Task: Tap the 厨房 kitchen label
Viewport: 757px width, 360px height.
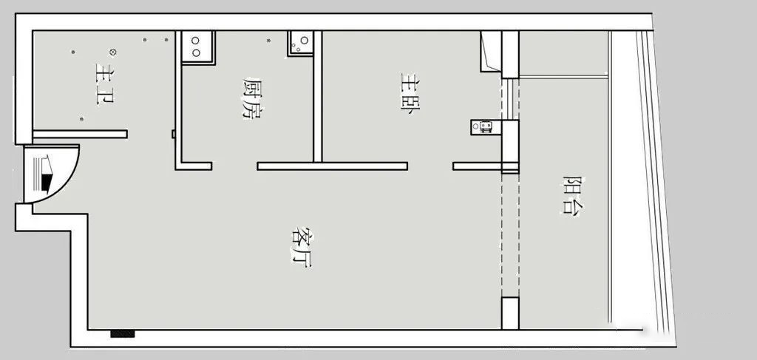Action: point(252,98)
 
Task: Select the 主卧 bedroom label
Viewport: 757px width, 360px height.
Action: point(410,92)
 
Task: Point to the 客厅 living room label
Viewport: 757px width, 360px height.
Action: point(302,247)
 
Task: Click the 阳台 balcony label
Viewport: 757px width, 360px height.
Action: point(573,195)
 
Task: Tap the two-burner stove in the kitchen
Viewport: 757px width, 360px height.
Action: point(198,47)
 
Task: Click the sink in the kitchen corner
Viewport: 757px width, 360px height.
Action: point(300,44)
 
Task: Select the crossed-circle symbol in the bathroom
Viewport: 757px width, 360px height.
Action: point(113,52)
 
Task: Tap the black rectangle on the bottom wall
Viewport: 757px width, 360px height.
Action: point(123,333)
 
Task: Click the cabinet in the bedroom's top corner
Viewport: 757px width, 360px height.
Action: point(491,52)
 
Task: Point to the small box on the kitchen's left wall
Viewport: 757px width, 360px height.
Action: point(173,134)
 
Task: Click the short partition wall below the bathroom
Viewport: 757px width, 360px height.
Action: point(80,134)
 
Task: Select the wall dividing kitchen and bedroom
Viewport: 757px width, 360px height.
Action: point(317,97)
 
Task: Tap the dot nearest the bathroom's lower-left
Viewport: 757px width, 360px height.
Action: point(81,119)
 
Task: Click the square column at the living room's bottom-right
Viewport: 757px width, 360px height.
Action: point(510,313)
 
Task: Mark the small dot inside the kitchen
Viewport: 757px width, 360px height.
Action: point(268,41)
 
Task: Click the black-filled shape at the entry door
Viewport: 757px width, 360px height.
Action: point(47,182)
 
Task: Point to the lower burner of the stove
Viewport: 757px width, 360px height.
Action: point(195,52)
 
